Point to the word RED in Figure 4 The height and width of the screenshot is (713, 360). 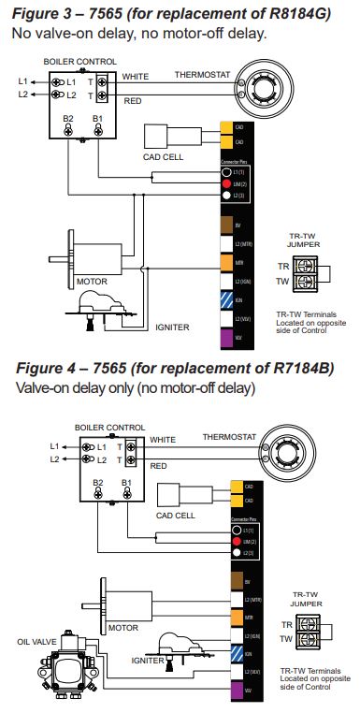coord(159,465)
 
